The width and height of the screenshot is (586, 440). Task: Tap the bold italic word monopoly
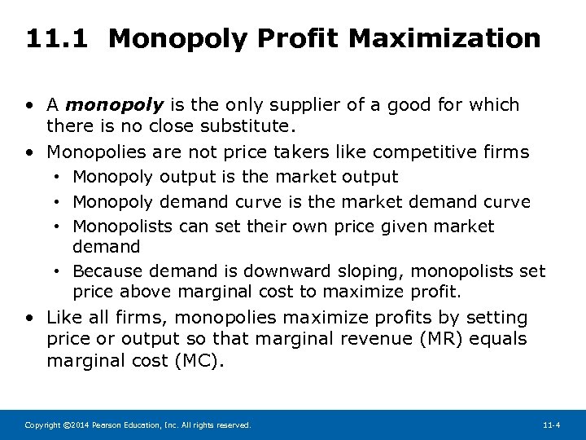click(114, 105)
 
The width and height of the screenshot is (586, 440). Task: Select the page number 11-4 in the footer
click(552, 425)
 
